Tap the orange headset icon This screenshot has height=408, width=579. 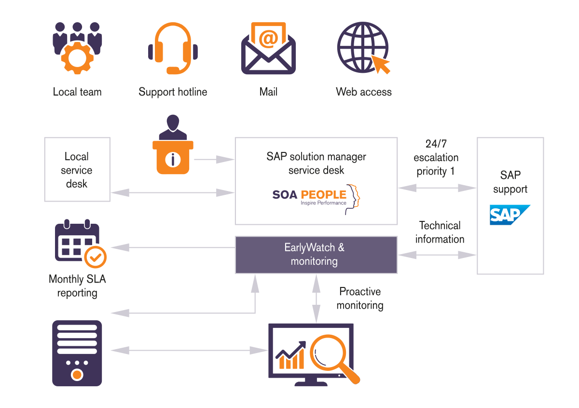click(173, 48)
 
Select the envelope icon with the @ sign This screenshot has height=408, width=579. click(268, 48)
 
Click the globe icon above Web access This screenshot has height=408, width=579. click(363, 48)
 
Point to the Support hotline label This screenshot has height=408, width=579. click(173, 92)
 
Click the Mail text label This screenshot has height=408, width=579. click(268, 92)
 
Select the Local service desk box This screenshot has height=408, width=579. click(77, 169)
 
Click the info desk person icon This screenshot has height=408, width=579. click(173, 145)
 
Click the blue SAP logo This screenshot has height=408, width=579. click(510, 215)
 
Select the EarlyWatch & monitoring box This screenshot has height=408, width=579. click(316, 255)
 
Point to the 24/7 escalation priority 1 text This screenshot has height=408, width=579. click(436, 158)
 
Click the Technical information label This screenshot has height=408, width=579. click(440, 232)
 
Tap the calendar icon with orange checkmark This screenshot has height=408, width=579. click(81, 244)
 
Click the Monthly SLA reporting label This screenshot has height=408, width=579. click(77, 286)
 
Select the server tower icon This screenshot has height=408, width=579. click(77, 353)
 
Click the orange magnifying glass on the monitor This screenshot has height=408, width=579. click(333, 358)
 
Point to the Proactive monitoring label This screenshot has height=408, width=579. click(360, 299)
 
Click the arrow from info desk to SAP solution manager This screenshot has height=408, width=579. click(214, 160)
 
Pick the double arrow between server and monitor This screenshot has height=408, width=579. click(189, 351)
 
